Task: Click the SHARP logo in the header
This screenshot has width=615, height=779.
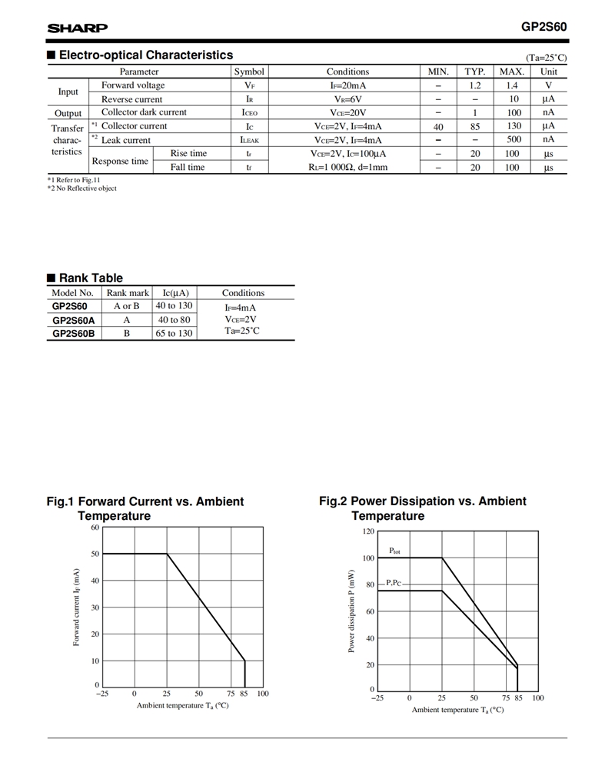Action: click(78, 28)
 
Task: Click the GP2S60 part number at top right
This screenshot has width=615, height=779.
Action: click(544, 26)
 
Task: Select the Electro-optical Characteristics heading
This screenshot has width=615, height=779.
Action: click(145, 55)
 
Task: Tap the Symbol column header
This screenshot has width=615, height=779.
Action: click(249, 72)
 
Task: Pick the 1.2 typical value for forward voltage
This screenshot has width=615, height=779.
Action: click(475, 85)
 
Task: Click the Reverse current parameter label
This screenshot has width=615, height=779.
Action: click(132, 99)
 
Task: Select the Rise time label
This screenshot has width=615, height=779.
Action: click(188, 154)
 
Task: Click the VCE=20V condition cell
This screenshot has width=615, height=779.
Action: click(347, 112)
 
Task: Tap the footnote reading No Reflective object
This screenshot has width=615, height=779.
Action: click(83, 188)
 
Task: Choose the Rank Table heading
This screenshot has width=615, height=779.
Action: click(90, 278)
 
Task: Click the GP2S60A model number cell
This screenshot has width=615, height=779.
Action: click(74, 320)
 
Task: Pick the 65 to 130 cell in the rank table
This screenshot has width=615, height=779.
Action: click(175, 333)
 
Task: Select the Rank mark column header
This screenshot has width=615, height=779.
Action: click(128, 293)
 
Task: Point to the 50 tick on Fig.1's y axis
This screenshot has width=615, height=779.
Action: click(95, 554)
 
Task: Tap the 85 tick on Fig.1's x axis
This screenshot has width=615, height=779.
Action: click(244, 694)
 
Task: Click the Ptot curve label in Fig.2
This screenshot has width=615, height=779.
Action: click(394, 551)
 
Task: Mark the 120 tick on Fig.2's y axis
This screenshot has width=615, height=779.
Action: click(367, 531)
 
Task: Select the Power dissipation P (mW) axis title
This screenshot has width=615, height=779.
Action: click(351, 611)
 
